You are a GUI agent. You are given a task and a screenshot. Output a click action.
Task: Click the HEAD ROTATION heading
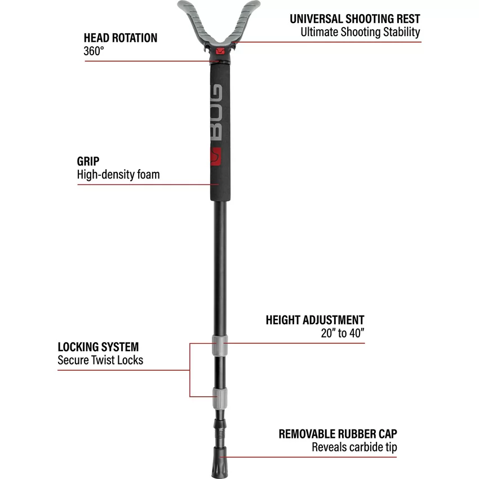(121, 38)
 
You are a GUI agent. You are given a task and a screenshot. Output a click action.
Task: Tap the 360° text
(94, 50)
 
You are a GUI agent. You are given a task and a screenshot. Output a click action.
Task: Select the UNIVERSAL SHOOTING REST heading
(355, 19)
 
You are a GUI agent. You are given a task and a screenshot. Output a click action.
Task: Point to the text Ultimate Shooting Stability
(361, 32)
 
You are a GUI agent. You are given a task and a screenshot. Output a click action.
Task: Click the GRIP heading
(88, 162)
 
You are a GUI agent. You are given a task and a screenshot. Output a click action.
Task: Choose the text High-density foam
(118, 175)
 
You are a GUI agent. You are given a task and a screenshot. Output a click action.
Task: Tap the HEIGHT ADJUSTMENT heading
(315, 320)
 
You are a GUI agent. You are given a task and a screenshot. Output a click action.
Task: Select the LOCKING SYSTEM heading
(98, 347)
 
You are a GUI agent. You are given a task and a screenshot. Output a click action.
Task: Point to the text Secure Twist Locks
(100, 360)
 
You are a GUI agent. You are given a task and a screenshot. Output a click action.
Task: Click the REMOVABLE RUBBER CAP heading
(338, 434)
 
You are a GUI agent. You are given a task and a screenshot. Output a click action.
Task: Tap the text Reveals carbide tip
(354, 447)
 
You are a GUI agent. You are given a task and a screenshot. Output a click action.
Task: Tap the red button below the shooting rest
(219, 52)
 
